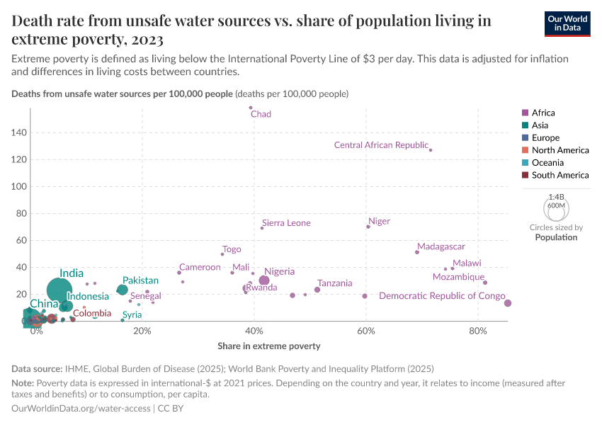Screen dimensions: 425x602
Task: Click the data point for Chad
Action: click(251, 108)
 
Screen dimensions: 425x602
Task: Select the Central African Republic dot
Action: click(431, 150)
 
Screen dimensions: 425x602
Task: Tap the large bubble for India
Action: click(60, 290)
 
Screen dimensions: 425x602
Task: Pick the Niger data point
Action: click(368, 227)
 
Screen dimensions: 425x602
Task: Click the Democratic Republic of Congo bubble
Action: click(507, 303)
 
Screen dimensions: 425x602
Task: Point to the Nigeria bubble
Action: click(264, 280)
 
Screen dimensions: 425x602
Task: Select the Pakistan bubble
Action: click(123, 289)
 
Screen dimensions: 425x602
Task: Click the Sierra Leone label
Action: click(286, 223)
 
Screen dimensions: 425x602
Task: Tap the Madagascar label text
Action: click(441, 246)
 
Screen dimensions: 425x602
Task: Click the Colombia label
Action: click(92, 313)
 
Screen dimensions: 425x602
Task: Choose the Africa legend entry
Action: click(543, 113)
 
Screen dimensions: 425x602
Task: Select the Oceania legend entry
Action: click(547, 162)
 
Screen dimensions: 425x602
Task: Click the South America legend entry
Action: click(560, 175)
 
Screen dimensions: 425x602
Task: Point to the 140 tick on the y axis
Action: click(19, 132)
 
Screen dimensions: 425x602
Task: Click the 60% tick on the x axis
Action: click(366, 331)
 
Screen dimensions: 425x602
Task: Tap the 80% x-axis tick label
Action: click(478, 331)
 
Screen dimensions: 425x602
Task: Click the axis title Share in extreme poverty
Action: click(269, 346)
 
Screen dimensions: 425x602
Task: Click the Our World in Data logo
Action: click(567, 23)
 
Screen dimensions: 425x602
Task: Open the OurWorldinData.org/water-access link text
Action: click(81, 408)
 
